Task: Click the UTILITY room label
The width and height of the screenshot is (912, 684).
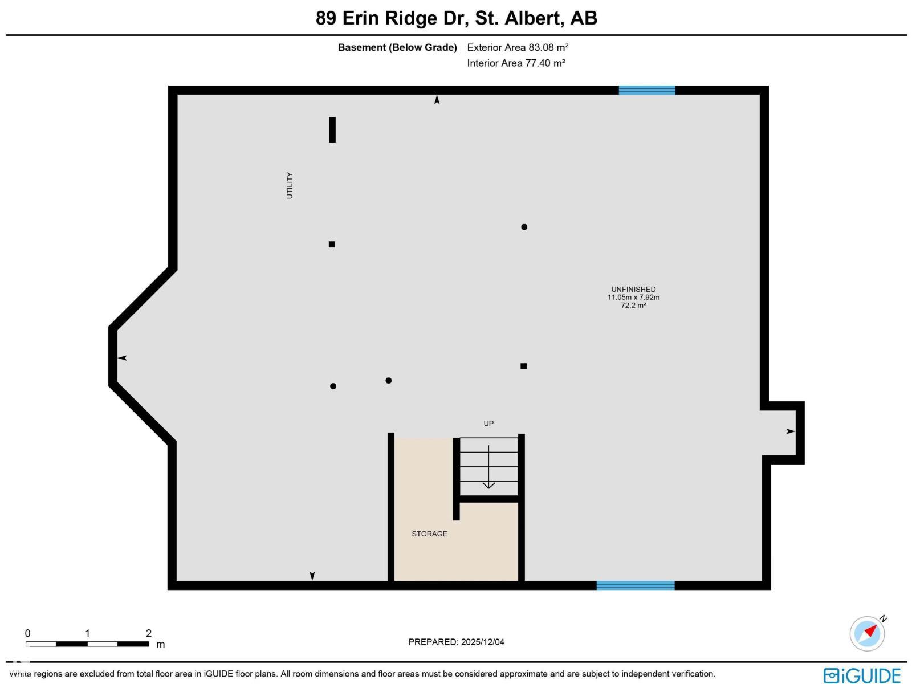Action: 290,185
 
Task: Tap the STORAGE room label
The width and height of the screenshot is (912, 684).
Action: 429,534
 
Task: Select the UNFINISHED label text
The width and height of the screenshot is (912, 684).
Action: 633,289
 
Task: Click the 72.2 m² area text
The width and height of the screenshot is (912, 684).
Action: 633,306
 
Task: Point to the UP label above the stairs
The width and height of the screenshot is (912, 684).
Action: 488,424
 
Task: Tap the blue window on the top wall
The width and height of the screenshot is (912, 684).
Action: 647,90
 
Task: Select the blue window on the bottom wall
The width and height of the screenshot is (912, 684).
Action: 636,585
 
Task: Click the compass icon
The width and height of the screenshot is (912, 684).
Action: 867,633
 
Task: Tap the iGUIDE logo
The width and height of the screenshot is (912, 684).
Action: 862,675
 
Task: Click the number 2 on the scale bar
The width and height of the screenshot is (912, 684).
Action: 149,633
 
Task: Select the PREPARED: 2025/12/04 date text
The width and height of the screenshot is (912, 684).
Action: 456,642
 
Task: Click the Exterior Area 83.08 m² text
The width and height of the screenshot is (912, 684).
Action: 518,47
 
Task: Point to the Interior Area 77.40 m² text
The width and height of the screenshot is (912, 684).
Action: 516,63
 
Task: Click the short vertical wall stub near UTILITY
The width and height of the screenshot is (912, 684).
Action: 332,129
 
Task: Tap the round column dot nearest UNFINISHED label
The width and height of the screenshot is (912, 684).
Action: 524,227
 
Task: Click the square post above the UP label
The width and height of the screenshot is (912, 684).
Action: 523,366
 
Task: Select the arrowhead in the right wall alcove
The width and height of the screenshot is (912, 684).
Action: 790,431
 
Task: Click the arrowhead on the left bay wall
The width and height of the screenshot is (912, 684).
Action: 123,358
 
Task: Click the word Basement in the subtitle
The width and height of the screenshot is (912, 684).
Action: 362,47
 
